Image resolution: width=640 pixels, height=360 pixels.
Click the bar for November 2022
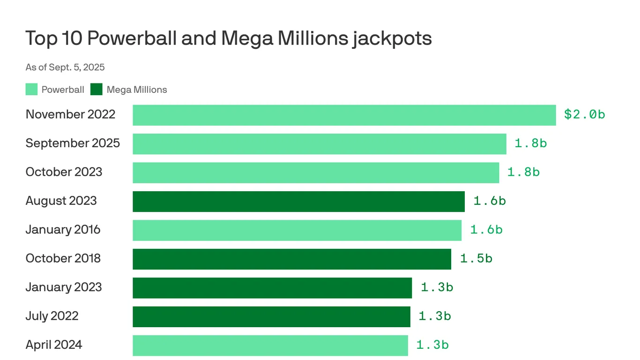(x=344, y=115)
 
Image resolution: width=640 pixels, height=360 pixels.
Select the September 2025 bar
(x=319, y=144)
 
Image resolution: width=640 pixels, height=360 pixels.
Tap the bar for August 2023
(x=298, y=202)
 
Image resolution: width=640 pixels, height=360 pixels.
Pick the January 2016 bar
(x=297, y=230)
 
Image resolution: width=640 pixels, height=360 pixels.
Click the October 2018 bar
(x=291, y=259)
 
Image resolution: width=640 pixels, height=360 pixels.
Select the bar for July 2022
(x=271, y=316)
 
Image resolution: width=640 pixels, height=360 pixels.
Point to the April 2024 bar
(x=270, y=345)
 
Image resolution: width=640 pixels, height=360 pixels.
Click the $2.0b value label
(x=584, y=114)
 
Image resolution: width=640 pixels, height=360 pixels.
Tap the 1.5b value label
(x=476, y=258)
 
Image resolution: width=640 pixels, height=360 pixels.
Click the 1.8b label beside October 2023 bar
(x=523, y=172)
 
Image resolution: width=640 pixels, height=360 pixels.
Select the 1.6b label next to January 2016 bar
(x=486, y=230)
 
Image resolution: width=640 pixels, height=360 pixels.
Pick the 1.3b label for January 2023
(x=437, y=287)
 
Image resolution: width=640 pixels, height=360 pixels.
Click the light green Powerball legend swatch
(x=31, y=90)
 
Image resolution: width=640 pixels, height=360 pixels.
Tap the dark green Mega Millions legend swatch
(x=97, y=90)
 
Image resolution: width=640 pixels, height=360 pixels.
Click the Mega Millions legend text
(x=136, y=90)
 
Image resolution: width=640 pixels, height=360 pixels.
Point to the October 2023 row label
(x=64, y=172)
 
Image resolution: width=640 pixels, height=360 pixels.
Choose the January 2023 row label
(x=64, y=287)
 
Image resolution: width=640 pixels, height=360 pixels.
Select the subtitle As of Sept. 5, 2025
(x=65, y=67)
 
